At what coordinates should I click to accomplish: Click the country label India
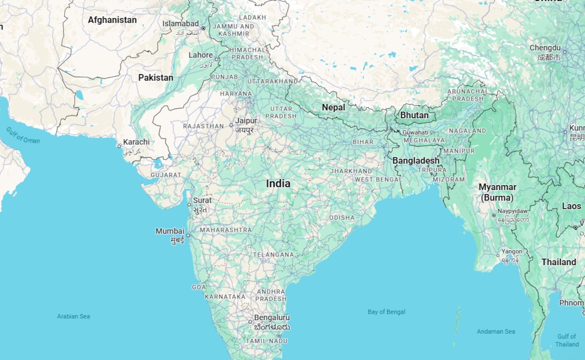[278, 184]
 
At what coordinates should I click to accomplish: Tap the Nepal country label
[333, 107]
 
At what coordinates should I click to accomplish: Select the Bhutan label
[414, 116]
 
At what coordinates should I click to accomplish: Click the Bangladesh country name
[416, 160]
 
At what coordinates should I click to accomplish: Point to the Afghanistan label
[112, 20]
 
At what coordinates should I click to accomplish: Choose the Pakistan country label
[156, 78]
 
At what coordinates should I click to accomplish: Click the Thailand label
[559, 262]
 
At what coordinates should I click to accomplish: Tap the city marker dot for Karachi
[119, 146]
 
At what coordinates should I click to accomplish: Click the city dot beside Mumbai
[188, 236]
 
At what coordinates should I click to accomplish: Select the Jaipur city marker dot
[232, 125]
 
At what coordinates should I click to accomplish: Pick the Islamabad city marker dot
[203, 28]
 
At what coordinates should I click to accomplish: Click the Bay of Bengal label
[387, 312]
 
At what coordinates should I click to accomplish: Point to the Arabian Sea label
[74, 316]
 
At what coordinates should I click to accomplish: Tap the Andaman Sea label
[496, 332]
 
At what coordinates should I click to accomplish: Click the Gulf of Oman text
[23, 135]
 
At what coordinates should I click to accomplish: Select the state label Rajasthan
[203, 126]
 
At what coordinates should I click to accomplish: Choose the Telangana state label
[273, 255]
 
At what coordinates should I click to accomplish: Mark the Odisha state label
[342, 218]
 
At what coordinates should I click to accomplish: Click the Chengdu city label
[545, 48]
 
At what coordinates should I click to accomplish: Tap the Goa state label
[199, 287]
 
